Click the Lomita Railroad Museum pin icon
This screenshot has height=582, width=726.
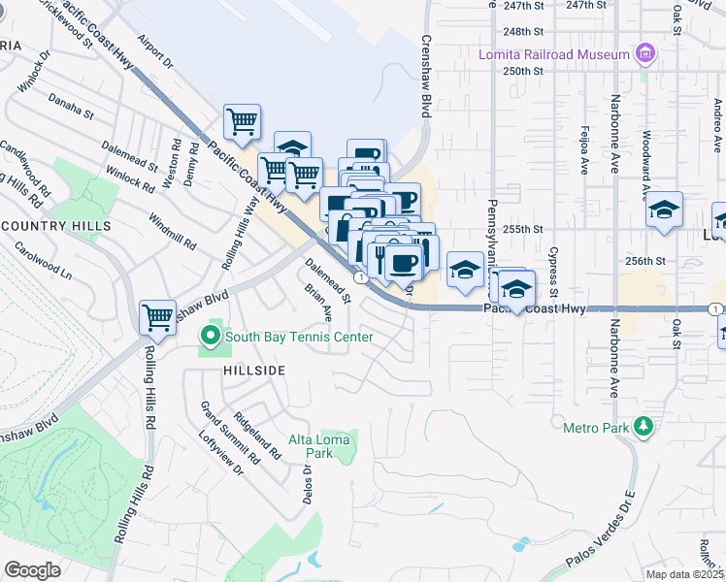(643, 52)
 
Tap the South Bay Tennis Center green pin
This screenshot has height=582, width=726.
(210, 337)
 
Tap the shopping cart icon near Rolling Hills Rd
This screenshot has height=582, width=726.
(157, 315)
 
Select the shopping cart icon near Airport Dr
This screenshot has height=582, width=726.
(242, 121)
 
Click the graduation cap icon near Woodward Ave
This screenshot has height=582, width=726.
(664, 210)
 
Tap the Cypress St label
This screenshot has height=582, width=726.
(553, 272)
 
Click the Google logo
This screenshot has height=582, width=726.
(32, 570)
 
